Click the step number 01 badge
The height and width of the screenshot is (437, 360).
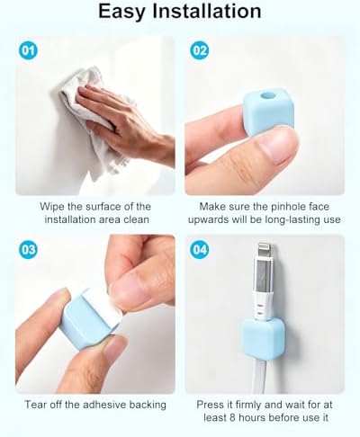[x=28, y=50]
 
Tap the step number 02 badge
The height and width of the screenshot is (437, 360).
[x=200, y=50]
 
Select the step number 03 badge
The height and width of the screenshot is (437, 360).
[x=28, y=249]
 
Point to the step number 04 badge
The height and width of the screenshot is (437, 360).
[x=200, y=249]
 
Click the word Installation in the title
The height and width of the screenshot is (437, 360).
[x=207, y=11]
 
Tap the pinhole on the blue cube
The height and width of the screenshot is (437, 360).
[x=268, y=96]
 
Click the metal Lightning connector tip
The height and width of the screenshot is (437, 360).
[x=265, y=251]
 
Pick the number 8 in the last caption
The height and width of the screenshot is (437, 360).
[x=233, y=417]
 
